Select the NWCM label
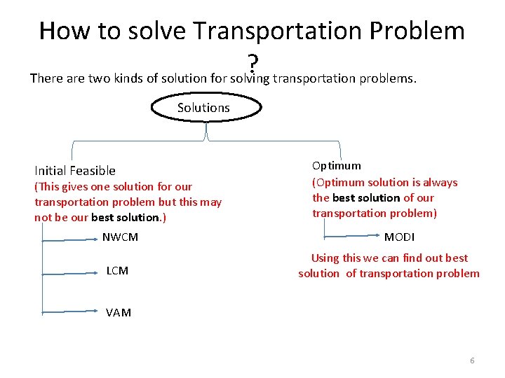pyautogui.click(x=120, y=237)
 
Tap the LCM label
pyautogui.click(x=117, y=271)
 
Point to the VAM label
pyautogui.click(x=119, y=313)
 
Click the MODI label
pyautogui.click(x=399, y=237)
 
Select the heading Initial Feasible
pyautogui.click(x=75, y=171)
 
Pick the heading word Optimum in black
pyautogui.click(x=337, y=166)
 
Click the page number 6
pyautogui.click(x=472, y=360)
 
